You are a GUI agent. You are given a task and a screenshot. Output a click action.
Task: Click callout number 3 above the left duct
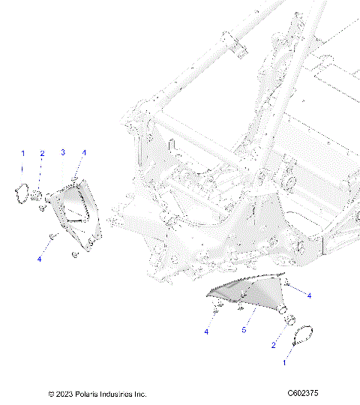pyautogui.click(x=64, y=152)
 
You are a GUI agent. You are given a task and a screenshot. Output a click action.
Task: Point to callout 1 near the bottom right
pyautogui.click(x=283, y=361)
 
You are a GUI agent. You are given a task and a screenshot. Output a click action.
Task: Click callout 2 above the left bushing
pyautogui.click(x=42, y=153)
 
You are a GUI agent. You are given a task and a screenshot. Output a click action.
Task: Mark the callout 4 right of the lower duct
pyautogui.click(x=308, y=295)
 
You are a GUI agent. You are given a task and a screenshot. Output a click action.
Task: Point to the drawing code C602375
pyautogui.click(x=304, y=394)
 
